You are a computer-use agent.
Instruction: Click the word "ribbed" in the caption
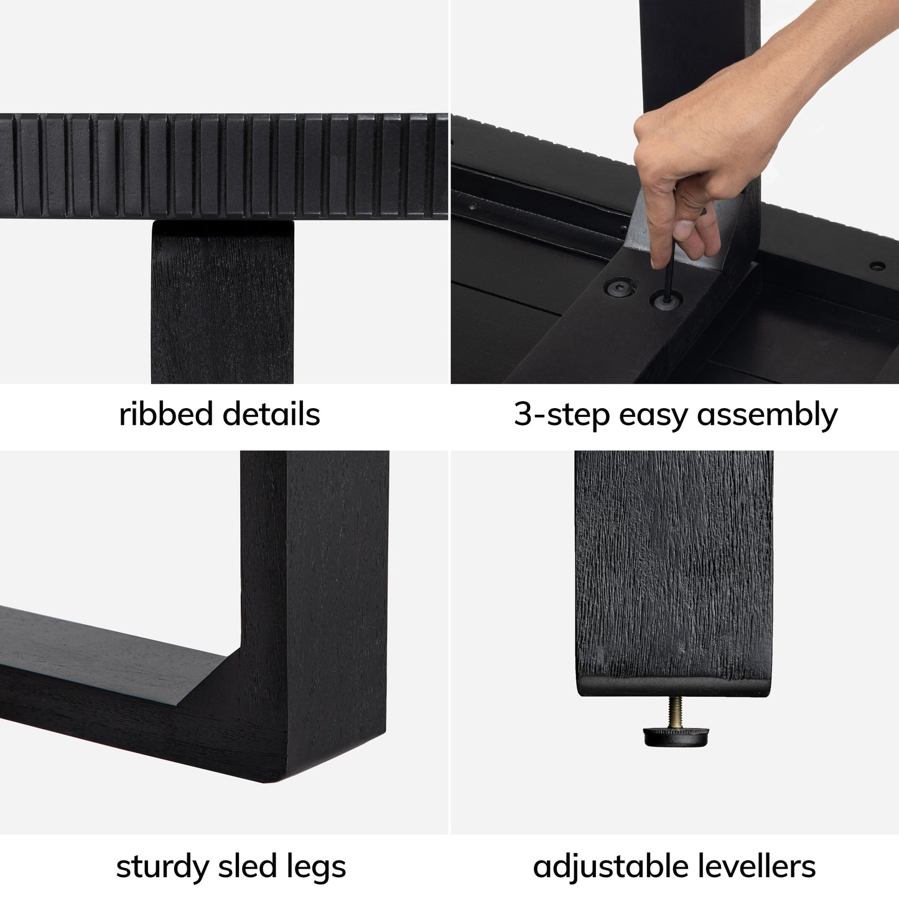pos(165,413)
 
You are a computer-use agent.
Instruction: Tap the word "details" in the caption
pos(271,413)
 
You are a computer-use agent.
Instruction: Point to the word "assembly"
pos(768,414)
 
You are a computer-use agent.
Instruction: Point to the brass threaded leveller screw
pos(676,712)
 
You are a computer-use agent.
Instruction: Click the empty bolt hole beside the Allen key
pos(620,287)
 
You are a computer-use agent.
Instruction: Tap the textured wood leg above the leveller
pos(674,573)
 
